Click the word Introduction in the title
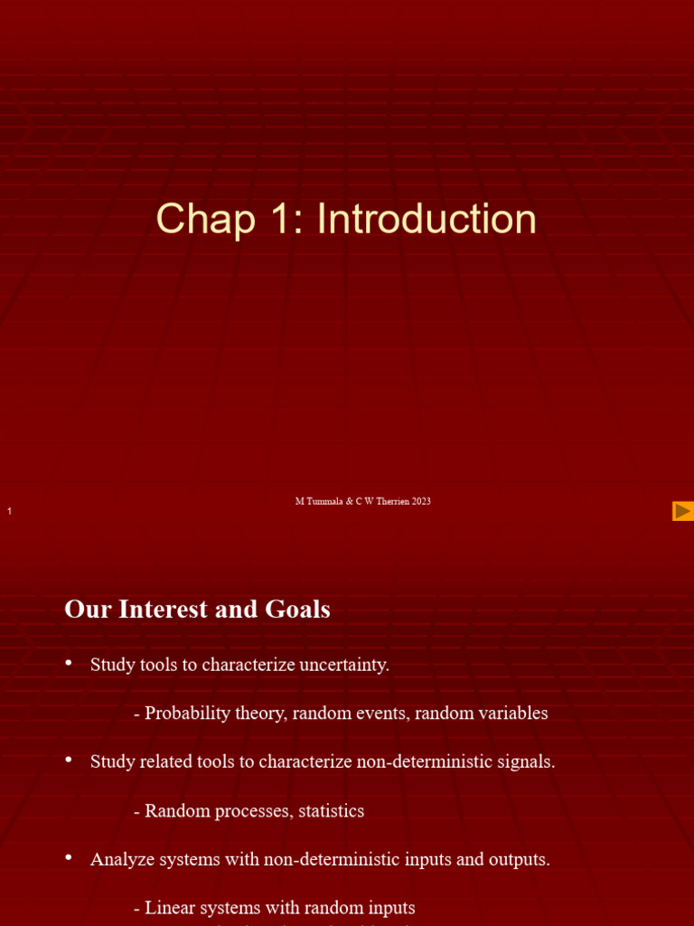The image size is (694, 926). tap(427, 220)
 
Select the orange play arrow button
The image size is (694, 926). tap(682, 511)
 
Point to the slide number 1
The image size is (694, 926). tap(9, 513)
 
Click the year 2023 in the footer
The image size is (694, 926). tap(420, 501)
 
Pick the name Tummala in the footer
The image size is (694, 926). tap(325, 501)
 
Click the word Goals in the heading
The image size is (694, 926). tap(299, 609)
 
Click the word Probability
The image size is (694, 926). tap(183, 713)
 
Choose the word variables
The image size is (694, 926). tap(512, 713)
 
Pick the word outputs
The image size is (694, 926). tap(518, 859)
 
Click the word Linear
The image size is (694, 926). tap(170, 908)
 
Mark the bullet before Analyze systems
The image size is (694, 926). tap(69, 857)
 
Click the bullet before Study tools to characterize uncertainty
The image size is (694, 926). tap(69, 663)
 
